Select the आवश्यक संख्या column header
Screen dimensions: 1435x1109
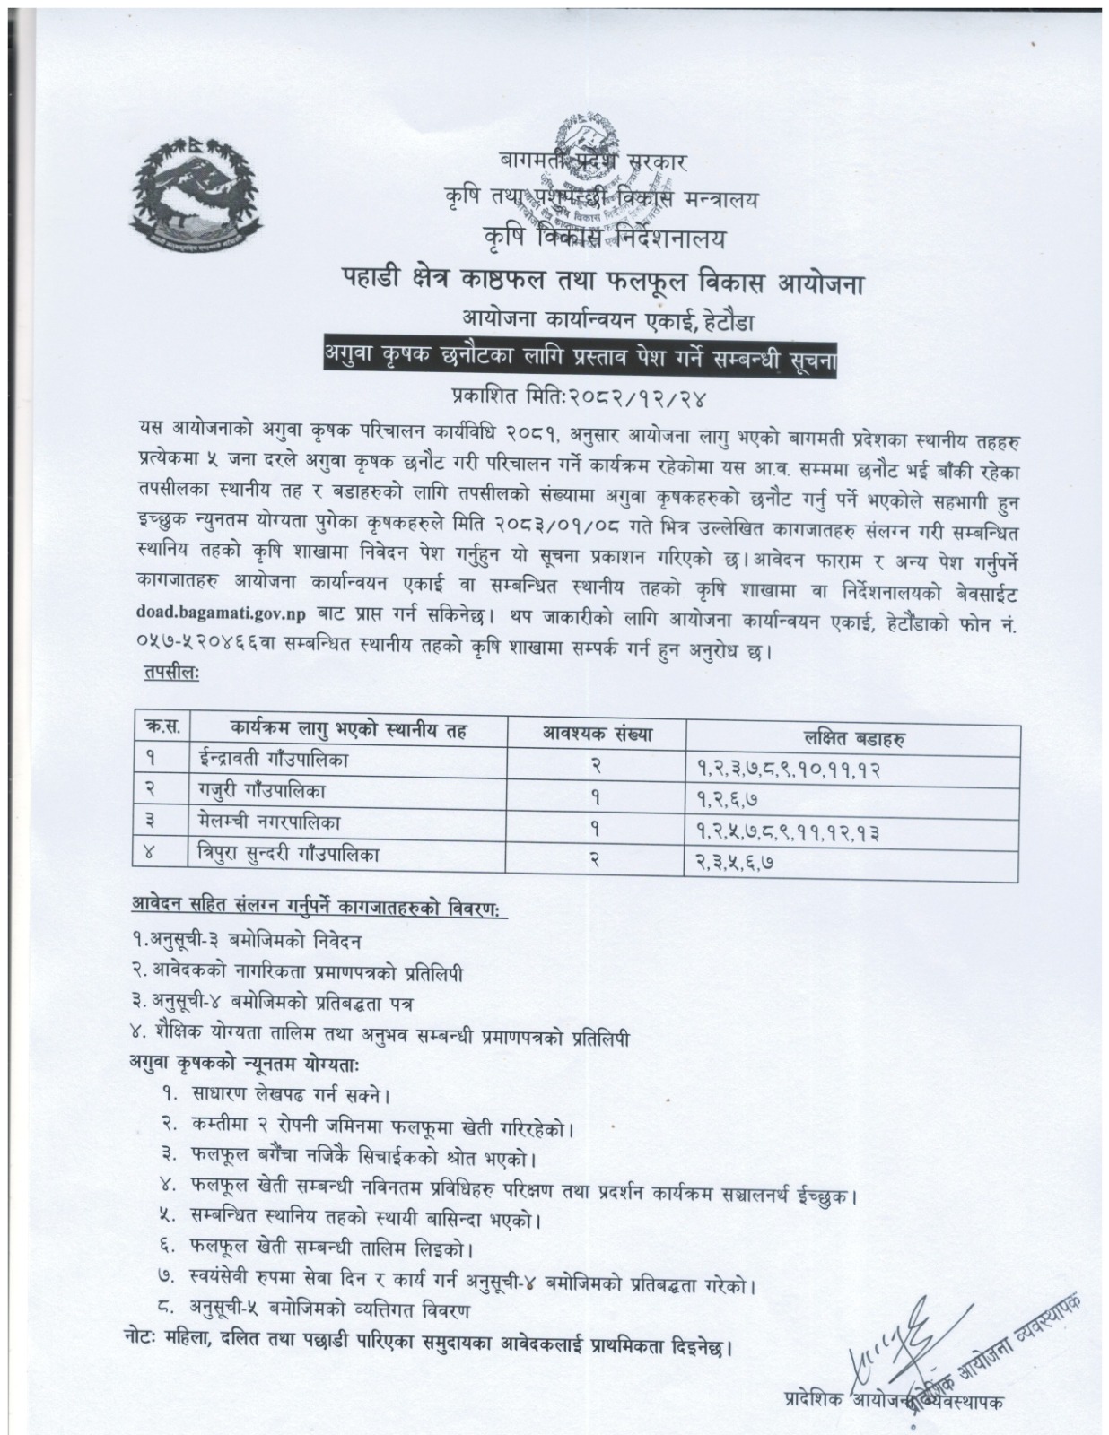596,733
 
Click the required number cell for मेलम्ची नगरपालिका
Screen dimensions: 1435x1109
595,828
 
